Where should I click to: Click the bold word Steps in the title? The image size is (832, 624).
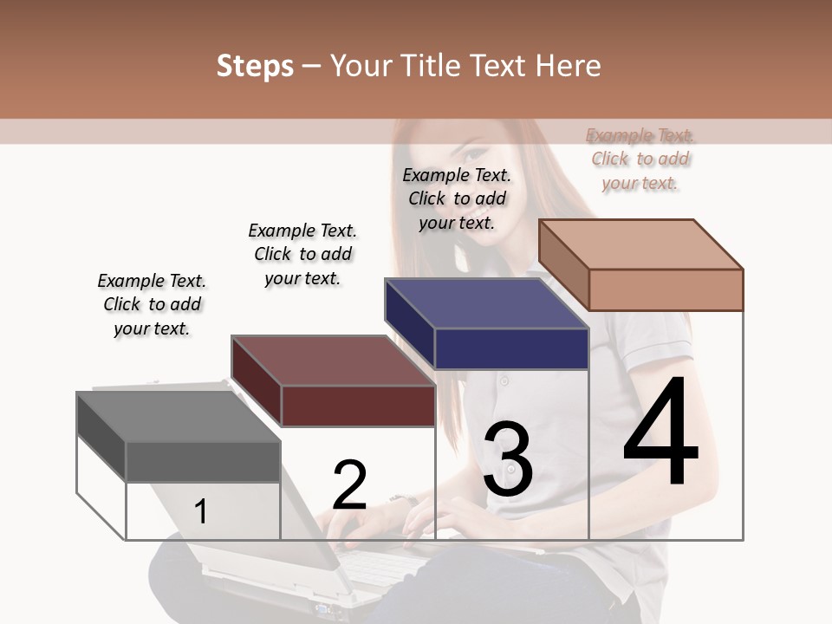click(x=255, y=66)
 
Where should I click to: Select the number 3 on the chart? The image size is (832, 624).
click(x=507, y=458)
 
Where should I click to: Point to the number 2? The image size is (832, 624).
click(x=350, y=484)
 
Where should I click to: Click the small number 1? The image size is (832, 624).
click(x=201, y=511)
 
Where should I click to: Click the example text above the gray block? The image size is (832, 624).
click(x=152, y=304)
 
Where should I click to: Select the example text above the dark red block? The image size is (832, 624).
click(x=302, y=254)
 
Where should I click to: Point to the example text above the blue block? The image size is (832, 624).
click(x=457, y=198)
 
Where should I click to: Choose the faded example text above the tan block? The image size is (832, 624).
click(x=640, y=159)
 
